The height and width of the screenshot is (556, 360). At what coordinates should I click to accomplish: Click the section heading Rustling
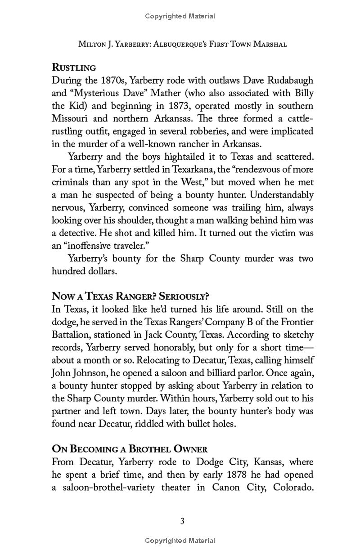[x=74, y=68]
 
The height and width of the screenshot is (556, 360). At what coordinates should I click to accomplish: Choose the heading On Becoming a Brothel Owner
[x=130, y=449]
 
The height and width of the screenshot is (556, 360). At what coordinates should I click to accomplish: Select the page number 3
[x=182, y=521]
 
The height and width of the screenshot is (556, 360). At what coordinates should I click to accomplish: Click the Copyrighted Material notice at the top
[x=180, y=16]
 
